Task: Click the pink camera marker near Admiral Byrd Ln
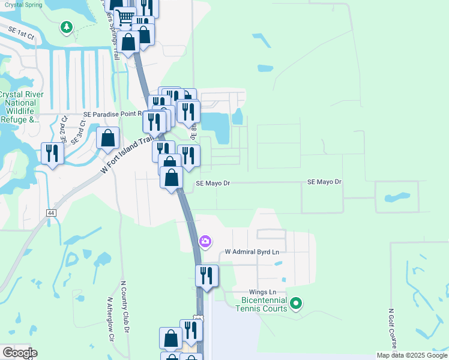[205, 241]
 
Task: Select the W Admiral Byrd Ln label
[252, 253]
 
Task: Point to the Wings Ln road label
[264, 292]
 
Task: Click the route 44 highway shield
[50, 213]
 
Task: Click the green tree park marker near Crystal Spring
[67, 28]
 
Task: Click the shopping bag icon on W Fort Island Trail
[107, 138]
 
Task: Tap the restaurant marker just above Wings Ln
[206, 275]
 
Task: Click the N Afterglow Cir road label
[110, 318]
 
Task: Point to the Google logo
[20, 353]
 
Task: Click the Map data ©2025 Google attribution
[411, 355]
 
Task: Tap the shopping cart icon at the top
[124, 18]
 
